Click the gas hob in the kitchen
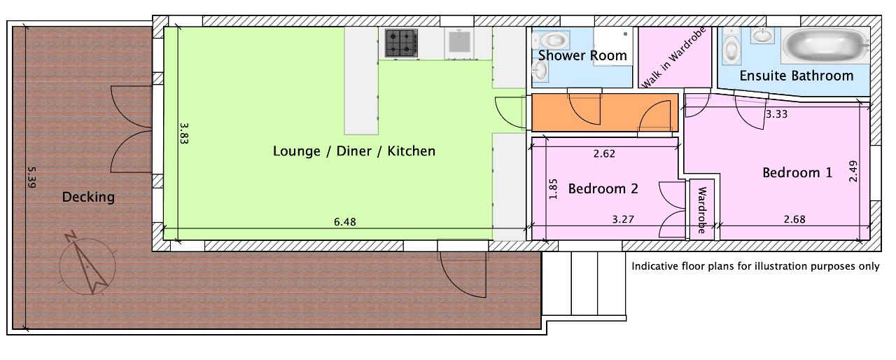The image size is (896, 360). [x=401, y=43]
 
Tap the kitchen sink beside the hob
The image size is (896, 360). [x=459, y=43]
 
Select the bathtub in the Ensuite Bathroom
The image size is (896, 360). [x=825, y=46]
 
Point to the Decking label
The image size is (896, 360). [x=88, y=198]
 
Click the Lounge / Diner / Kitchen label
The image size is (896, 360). [x=354, y=151]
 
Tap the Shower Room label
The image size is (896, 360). [x=582, y=55]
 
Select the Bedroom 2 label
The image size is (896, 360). [x=603, y=188]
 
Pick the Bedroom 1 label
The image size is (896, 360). [x=797, y=173]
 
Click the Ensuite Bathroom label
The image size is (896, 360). [x=797, y=76]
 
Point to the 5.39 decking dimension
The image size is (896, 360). [x=32, y=177]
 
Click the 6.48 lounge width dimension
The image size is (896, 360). [x=345, y=221]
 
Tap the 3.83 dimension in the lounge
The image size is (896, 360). [x=183, y=133]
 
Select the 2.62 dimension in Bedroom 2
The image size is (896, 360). [x=604, y=153]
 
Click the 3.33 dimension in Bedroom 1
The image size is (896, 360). [x=776, y=114]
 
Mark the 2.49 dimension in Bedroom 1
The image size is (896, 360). [x=853, y=171]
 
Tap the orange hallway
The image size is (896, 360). [x=604, y=112]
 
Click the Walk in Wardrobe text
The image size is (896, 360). [x=673, y=57]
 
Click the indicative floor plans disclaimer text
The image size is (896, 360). [x=755, y=266]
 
